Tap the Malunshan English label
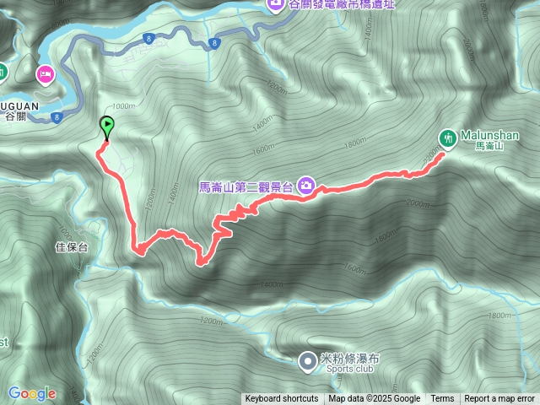[x=491, y=135]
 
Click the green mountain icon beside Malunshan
[x=448, y=137]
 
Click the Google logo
[x=31, y=393]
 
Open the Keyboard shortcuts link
[x=282, y=399]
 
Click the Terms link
[x=442, y=399]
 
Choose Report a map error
[x=499, y=399]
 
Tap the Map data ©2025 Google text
[x=375, y=399]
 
